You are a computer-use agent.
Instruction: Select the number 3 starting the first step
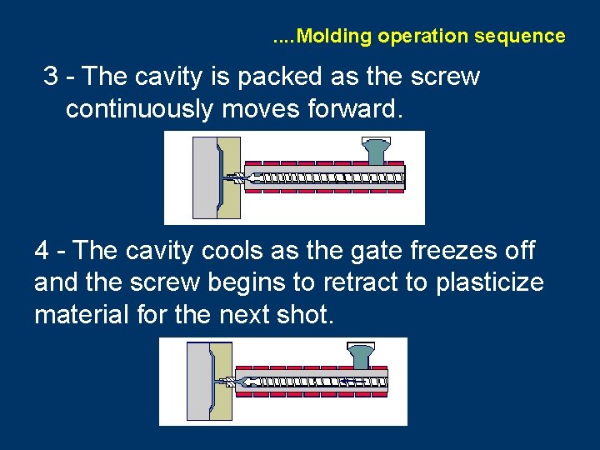51,77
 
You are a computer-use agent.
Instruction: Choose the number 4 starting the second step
42,250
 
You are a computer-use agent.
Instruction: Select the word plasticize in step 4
489,282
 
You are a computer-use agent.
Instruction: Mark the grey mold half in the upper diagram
203,177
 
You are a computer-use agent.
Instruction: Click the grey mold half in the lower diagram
197,382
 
